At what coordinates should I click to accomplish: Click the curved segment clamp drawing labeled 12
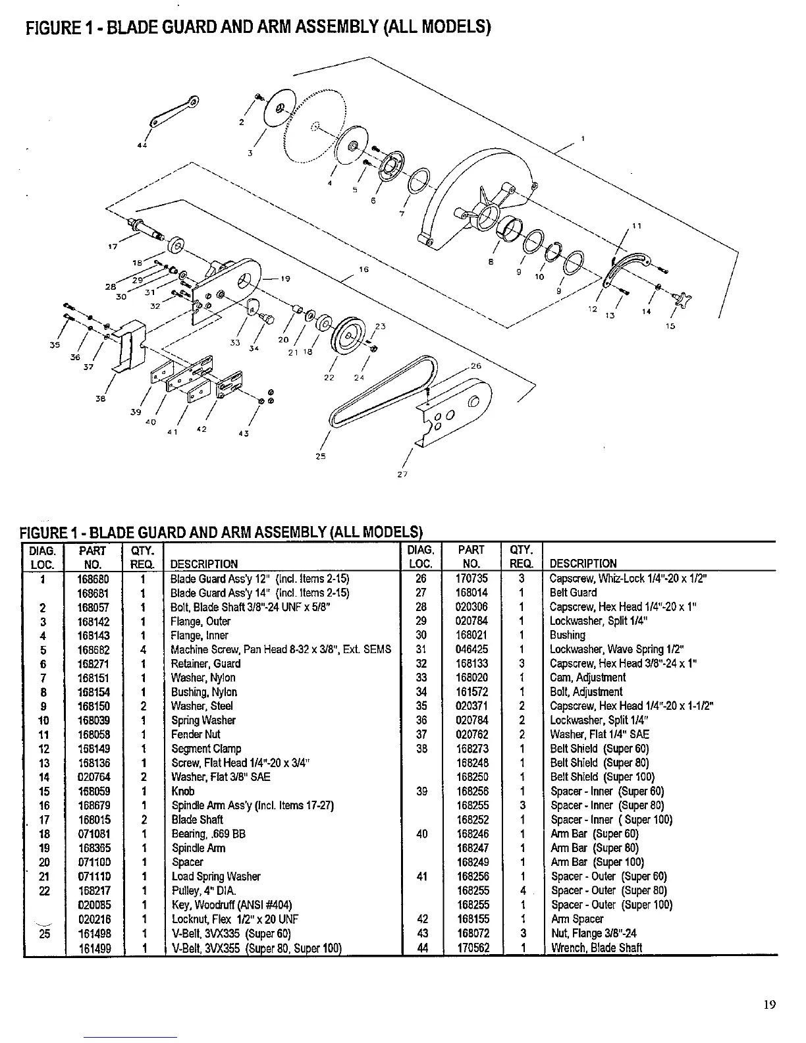pos(626,267)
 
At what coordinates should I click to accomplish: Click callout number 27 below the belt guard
pos(403,473)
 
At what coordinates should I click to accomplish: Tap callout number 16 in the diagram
pos(363,269)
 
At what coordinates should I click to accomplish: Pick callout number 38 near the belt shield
pos(101,398)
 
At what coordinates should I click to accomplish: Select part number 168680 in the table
pos(93,579)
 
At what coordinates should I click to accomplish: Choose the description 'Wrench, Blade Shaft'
pos(596,948)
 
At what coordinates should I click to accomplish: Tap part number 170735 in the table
pos(471,579)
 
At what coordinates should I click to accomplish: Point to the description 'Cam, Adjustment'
pos(587,678)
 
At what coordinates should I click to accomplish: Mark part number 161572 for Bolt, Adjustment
pos(471,692)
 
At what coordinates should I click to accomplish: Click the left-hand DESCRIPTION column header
pos(203,564)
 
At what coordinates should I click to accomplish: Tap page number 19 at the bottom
pos(770,1004)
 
